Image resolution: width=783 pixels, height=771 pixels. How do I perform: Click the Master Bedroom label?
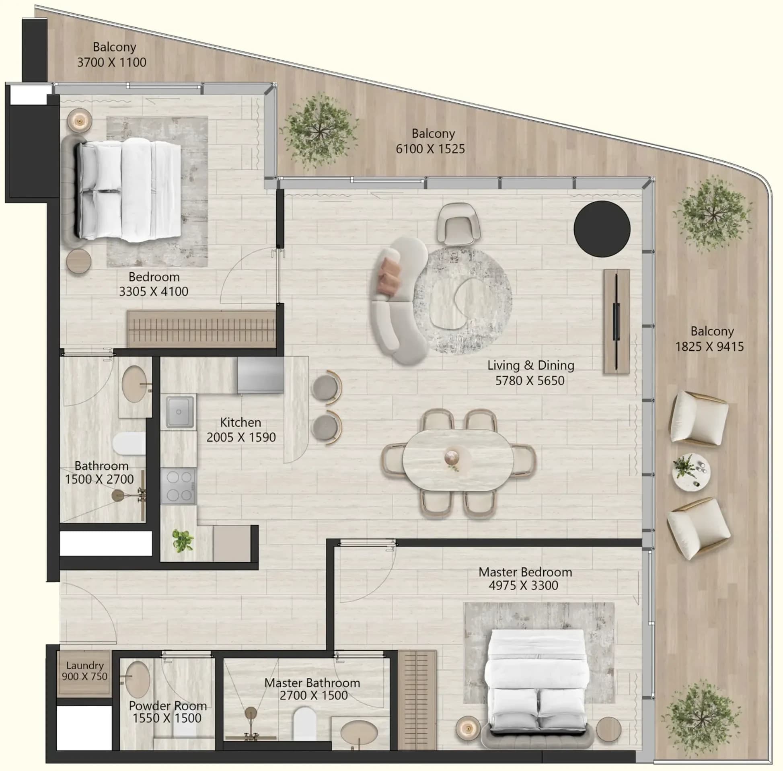click(525, 572)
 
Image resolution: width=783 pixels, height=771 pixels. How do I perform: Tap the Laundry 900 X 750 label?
click(84, 670)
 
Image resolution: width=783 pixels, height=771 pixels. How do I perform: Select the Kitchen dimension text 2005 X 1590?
click(241, 437)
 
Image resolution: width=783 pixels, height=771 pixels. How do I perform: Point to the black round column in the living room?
click(602, 229)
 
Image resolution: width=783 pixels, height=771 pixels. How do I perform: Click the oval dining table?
click(458, 461)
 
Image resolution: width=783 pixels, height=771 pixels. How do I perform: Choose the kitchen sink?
click(180, 412)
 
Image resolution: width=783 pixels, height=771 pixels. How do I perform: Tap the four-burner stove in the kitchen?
click(179, 486)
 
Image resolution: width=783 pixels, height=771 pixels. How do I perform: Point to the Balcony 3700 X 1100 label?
click(112, 55)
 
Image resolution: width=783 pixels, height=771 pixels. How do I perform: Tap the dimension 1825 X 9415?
click(709, 347)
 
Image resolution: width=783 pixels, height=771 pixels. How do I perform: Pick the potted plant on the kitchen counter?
click(183, 541)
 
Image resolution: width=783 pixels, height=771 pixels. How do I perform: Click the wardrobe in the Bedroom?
click(201, 329)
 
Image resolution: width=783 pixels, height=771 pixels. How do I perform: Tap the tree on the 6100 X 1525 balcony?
click(319, 131)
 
